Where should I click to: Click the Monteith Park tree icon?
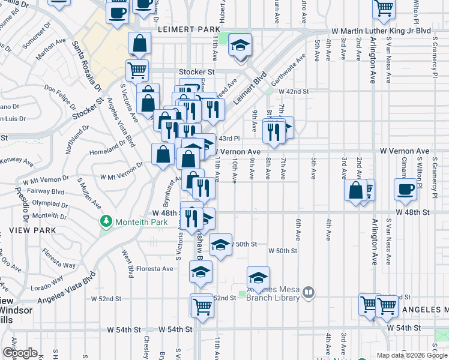point(107,221)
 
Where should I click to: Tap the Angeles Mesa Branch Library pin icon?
point(309,293)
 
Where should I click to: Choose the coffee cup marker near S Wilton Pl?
point(405,189)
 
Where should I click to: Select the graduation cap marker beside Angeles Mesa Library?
point(259,278)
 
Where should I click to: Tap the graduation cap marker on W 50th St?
point(221,244)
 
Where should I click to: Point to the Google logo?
point(20,353)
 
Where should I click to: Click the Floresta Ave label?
point(155,269)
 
